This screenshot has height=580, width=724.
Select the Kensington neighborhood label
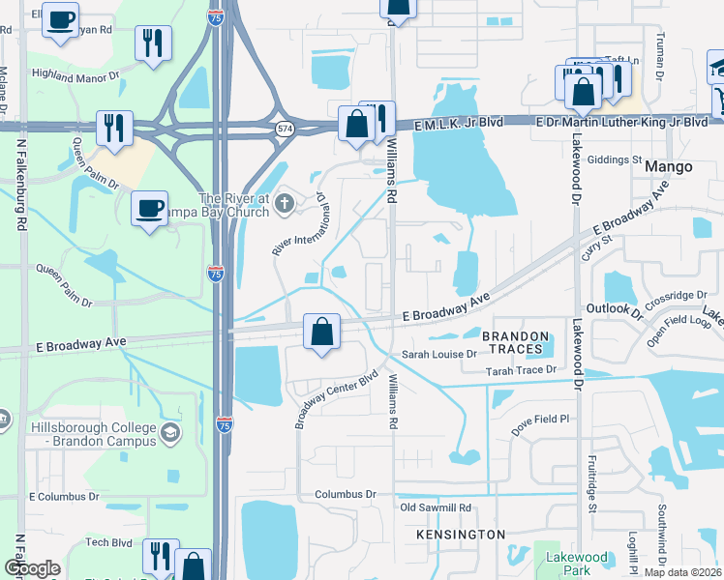(461, 535)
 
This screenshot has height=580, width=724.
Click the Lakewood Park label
(576, 564)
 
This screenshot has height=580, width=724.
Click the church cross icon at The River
(284, 203)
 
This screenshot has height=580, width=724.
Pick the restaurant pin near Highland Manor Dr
(153, 43)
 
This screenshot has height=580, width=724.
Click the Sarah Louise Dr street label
(440, 355)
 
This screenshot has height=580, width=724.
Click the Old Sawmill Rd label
(436, 507)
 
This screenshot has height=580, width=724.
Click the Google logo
(32, 568)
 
